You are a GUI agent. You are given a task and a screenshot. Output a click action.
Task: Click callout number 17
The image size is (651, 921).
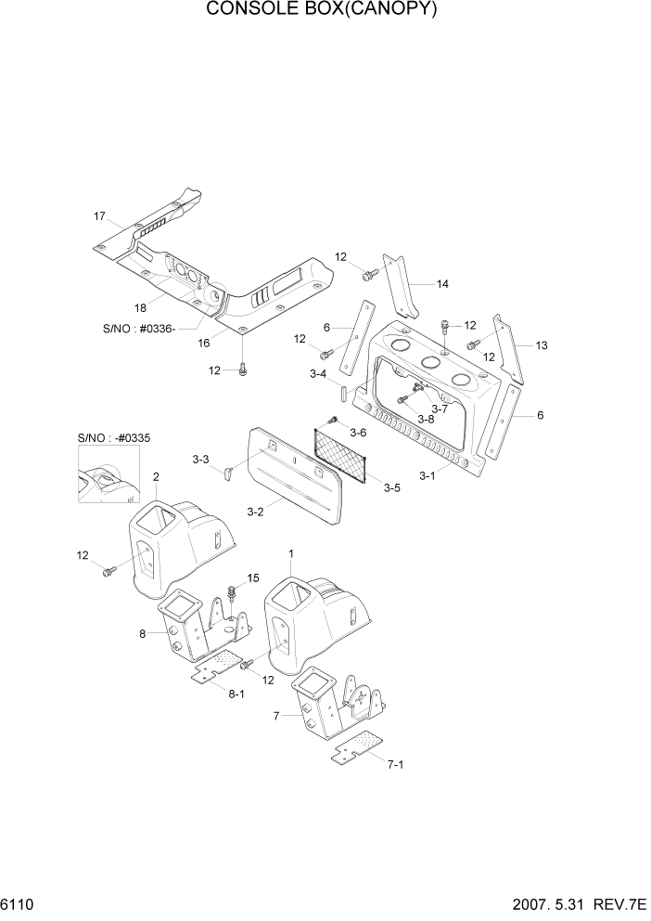(100, 216)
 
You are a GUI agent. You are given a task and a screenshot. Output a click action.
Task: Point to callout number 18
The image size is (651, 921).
(140, 307)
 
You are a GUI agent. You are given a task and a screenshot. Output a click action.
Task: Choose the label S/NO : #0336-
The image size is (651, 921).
(144, 327)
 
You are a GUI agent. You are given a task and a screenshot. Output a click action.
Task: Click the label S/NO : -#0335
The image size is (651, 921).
(108, 435)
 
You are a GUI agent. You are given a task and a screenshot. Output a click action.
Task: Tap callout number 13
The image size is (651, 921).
(542, 345)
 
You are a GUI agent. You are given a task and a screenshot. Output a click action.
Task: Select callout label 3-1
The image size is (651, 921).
(428, 476)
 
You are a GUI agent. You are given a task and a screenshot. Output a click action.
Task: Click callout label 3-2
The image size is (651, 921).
(257, 511)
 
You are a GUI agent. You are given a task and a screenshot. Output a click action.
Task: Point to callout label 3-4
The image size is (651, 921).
(317, 374)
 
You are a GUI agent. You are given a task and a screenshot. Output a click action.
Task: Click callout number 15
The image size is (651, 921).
(254, 578)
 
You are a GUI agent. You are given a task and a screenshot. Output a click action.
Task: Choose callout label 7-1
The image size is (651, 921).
(396, 764)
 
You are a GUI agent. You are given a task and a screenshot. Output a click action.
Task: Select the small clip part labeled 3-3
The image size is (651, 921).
(225, 475)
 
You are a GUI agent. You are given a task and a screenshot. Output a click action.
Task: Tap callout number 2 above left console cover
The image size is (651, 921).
(156, 477)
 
